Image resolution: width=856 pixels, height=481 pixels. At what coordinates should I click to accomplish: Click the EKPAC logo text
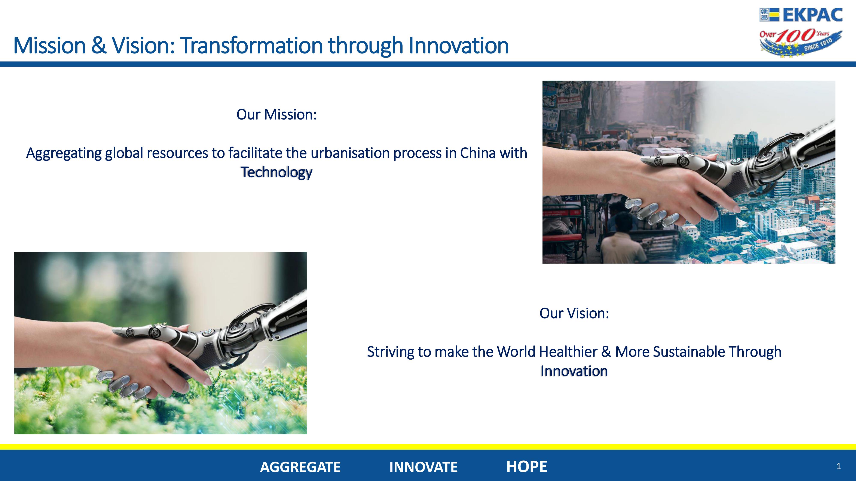point(813,15)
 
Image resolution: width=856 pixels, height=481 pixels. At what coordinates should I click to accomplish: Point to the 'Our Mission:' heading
point(276,115)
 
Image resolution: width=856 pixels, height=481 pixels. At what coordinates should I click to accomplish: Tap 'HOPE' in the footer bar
point(527,467)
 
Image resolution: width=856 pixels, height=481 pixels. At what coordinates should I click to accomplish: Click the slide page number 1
point(839,467)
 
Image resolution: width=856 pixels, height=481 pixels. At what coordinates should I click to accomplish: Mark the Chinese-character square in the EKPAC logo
point(764,15)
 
